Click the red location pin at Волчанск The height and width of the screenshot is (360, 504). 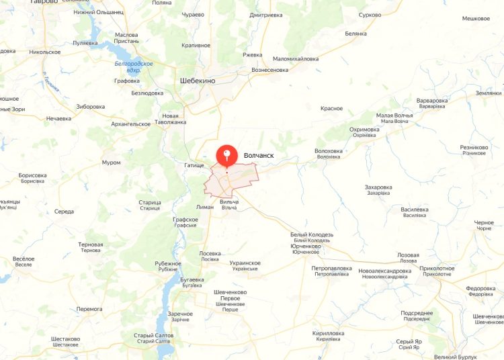(226, 156)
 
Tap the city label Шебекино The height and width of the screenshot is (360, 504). (198, 81)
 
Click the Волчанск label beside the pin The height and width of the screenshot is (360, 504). (259, 155)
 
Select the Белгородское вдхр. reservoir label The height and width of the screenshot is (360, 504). (133, 66)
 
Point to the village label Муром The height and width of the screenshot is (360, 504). (111, 163)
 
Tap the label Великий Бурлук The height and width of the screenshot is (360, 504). (456, 357)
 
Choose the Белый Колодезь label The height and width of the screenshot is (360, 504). (311, 235)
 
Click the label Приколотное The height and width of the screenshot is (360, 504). (437, 269)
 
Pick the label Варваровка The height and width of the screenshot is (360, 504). (431, 101)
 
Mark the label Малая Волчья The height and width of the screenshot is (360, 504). (394, 115)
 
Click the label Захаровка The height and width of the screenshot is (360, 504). (378, 187)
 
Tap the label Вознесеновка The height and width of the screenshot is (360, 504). (269, 70)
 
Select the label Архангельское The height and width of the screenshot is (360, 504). (130, 124)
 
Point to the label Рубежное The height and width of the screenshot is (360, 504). (168, 263)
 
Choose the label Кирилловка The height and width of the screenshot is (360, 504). (329, 333)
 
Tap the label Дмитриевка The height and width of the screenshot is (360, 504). (266, 15)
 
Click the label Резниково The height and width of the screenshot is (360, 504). (474, 147)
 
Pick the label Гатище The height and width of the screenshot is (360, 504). (194, 165)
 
